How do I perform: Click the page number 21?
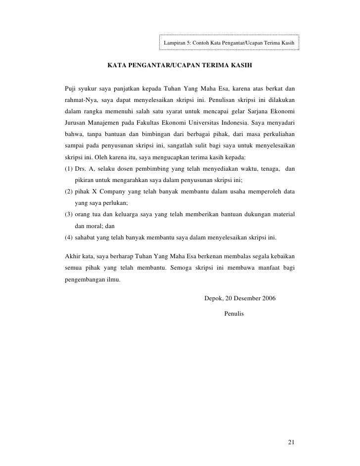[291, 442]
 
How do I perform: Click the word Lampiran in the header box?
[174, 44]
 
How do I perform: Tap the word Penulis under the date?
[234, 313]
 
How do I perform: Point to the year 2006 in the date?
[269, 298]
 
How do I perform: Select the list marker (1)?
[69, 169]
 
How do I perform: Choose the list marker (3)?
[69, 214]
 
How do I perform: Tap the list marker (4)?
[69, 237]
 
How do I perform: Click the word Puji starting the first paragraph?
[71, 89]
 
